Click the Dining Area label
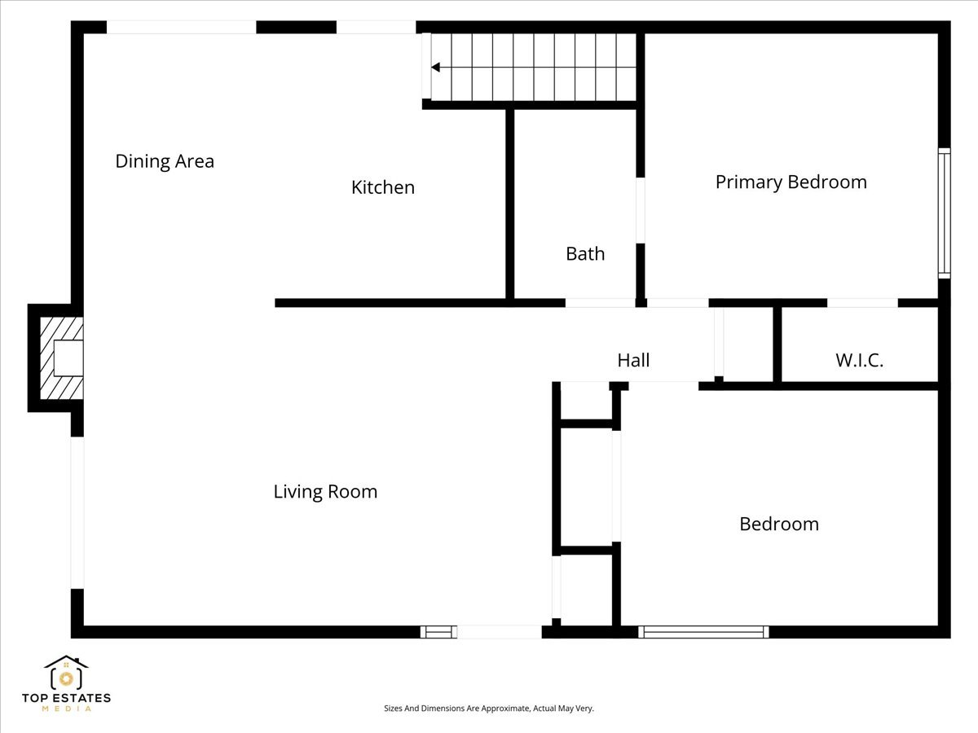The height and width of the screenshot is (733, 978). (165, 161)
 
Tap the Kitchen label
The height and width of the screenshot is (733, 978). (383, 187)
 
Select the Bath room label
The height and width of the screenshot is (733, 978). (585, 254)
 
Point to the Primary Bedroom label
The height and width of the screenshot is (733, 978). (791, 182)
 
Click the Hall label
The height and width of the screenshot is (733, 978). (633, 360)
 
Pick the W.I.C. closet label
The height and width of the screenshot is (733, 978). (859, 360)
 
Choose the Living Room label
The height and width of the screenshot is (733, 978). (325, 492)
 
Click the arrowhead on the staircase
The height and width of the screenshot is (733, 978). (435, 68)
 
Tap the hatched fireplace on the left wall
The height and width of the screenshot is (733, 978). (61, 358)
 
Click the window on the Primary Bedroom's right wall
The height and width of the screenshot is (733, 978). (944, 213)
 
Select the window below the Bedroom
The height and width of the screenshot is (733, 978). (703, 632)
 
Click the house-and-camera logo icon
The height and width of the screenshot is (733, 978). (66, 673)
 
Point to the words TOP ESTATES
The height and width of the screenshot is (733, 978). (66, 698)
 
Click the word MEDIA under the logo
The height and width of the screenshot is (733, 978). (66, 709)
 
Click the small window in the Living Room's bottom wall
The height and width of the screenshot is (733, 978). (438, 632)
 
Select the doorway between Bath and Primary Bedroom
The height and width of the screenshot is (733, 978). (641, 210)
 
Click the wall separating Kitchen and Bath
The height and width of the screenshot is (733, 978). (509, 204)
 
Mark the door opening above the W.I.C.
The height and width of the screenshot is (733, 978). (862, 303)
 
